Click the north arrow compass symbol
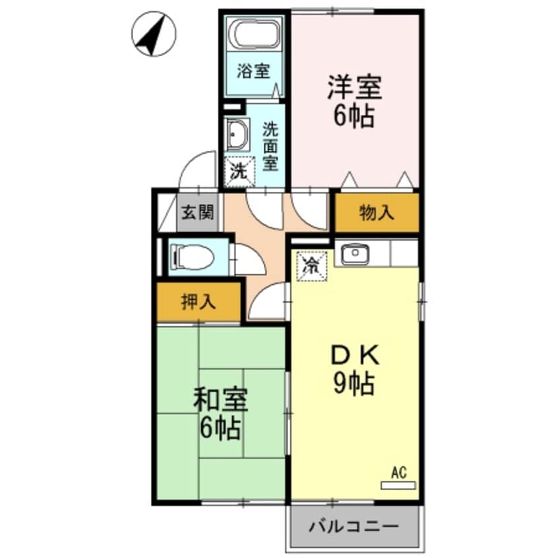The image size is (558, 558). pyautogui.click(x=154, y=35)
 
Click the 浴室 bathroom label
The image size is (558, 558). pyautogui.click(x=253, y=71)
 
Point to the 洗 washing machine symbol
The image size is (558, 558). pyautogui.click(x=238, y=171)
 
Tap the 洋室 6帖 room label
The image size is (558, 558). pyautogui.click(x=354, y=102)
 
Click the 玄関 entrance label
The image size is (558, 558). pyautogui.click(x=197, y=213)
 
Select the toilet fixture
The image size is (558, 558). pyautogui.click(x=193, y=257)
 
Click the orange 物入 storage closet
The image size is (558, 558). pyautogui.click(x=377, y=212)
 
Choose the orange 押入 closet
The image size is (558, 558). pyautogui.click(x=198, y=303)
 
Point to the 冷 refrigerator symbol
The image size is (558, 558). pyautogui.click(x=311, y=266)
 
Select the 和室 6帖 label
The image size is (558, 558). pyautogui.click(x=220, y=414)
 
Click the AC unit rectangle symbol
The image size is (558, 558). pyautogui.click(x=398, y=485)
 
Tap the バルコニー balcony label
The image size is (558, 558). pyautogui.click(x=354, y=528)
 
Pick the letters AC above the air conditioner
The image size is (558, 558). pyautogui.click(x=398, y=472)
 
